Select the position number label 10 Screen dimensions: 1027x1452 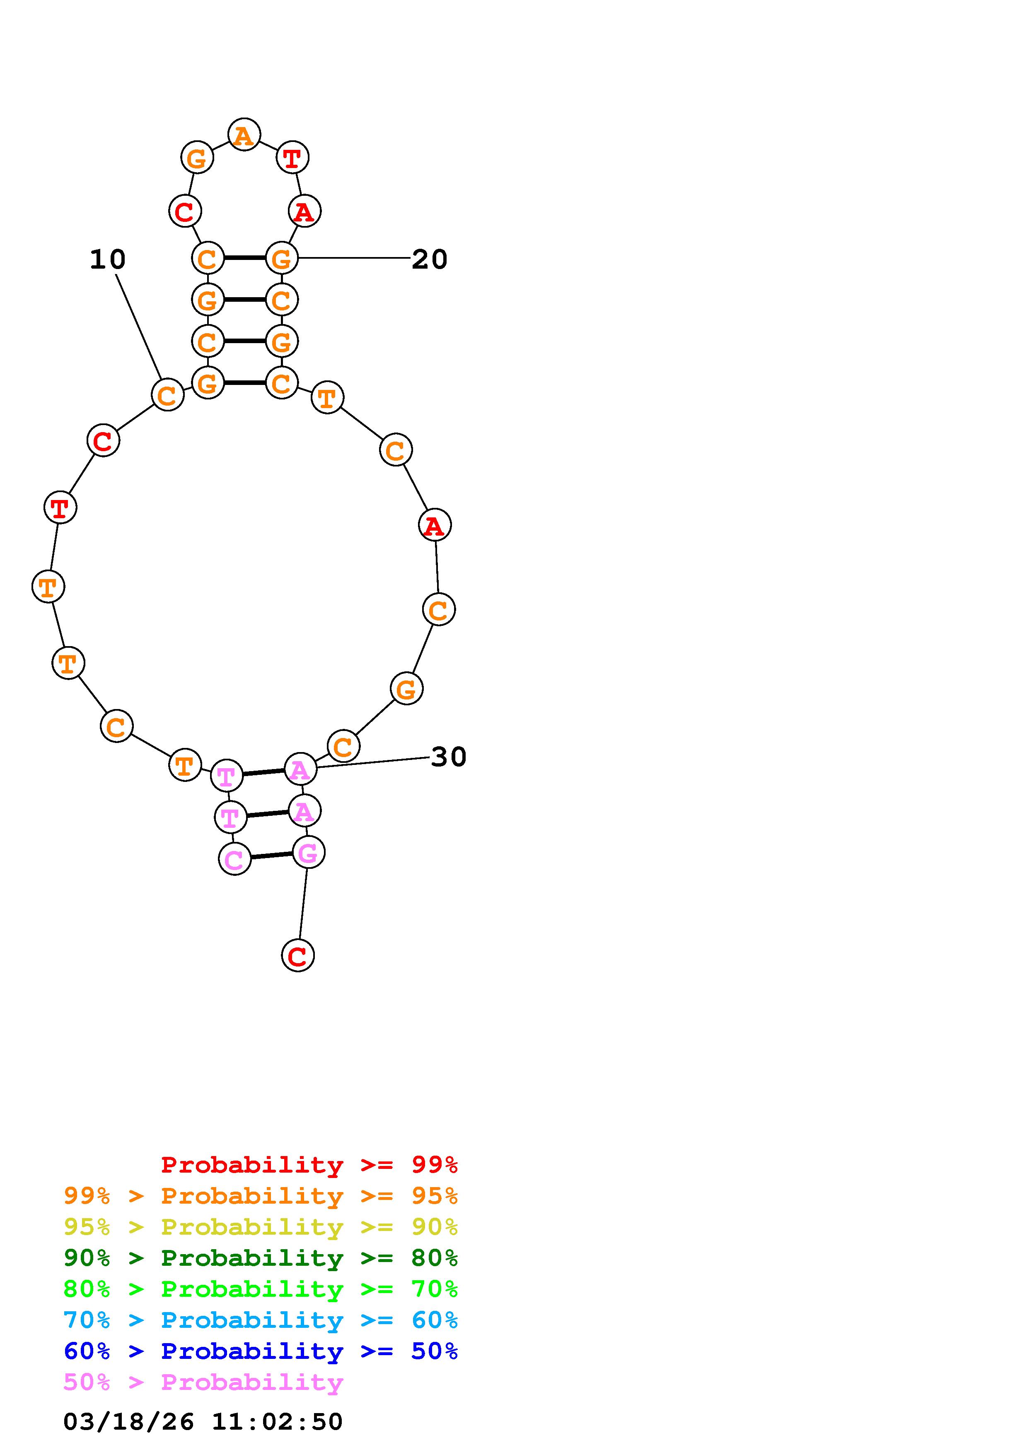(108, 259)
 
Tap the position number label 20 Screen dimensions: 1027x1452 (430, 259)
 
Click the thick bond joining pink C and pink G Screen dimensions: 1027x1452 (271, 856)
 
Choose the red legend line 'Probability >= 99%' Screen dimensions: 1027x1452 (309, 1164)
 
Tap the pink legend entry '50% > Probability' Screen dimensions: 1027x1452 (203, 1382)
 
